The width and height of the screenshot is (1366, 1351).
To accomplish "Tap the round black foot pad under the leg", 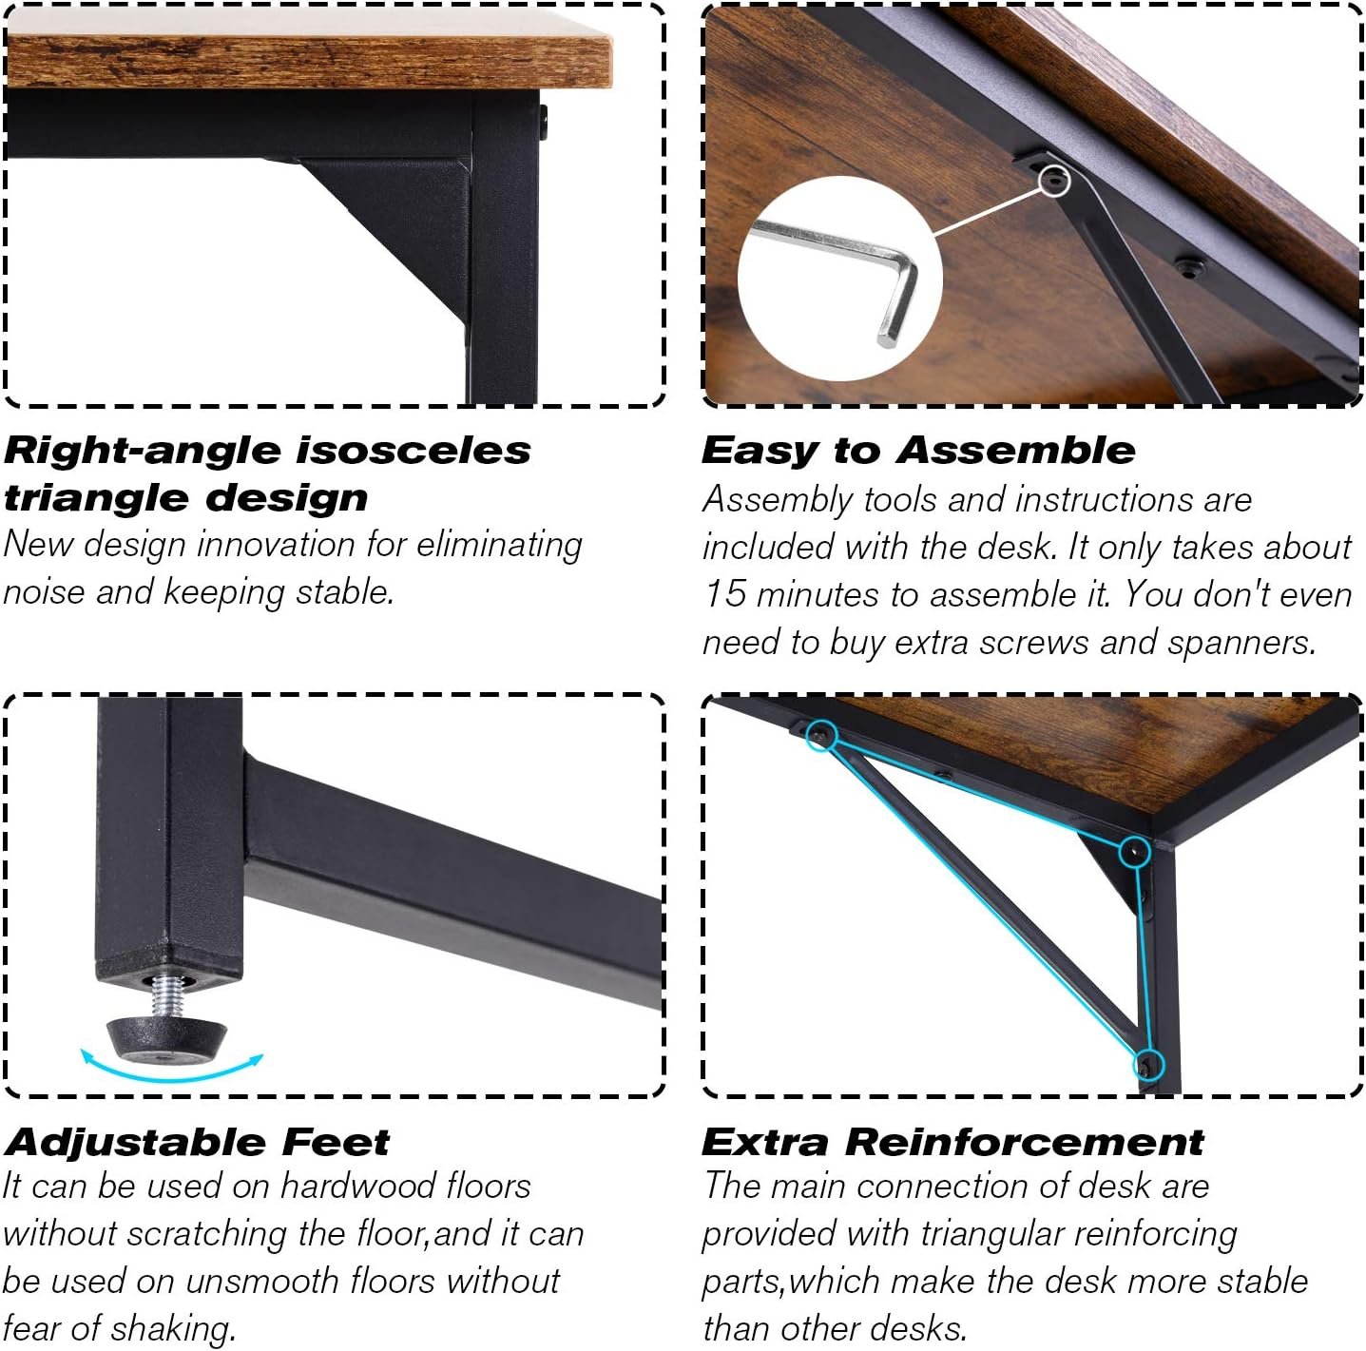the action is pyautogui.click(x=166, y=1042).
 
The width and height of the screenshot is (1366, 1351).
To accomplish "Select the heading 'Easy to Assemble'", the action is pyautogui.click(x=918, y=451).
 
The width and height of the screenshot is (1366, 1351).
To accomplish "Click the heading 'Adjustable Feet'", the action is pyautogui.click(x=197, y=1142).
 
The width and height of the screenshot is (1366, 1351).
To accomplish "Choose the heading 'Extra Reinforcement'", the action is pyautogui.click(x=952, y=1142).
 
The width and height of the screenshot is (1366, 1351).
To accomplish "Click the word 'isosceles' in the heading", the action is pyautogui.click(x=414, y=451).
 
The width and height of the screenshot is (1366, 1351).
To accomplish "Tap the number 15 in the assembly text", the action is pyautogui.click(x=725, y=593).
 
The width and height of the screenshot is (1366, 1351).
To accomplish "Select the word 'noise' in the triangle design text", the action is pyautogui.click(x=44, y=592).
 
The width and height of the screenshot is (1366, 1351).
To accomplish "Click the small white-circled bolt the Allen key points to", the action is pyautogui.click(x=1055, y=180).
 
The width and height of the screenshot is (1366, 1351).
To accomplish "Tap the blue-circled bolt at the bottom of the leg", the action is pyautogui.click(x=1148, y=1065).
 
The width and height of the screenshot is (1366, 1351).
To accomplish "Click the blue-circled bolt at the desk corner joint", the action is pyautogui.click(x=1135, y=852).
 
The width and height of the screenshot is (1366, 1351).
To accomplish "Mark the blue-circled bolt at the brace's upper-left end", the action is pyautogui.click(x=821, y=736).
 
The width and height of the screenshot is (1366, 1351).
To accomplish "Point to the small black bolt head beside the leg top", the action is pyautogui.click(x=544, y=122).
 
